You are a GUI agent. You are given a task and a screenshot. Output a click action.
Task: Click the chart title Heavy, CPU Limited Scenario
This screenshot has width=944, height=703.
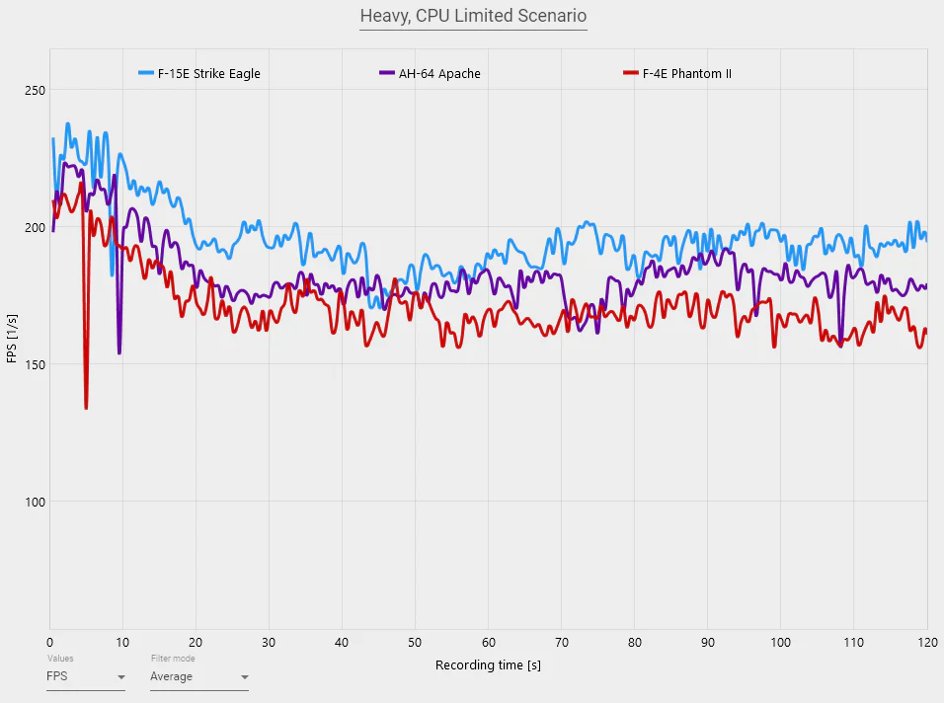(473, 16)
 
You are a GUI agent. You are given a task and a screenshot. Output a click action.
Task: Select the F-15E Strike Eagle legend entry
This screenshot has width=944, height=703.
(199, 74)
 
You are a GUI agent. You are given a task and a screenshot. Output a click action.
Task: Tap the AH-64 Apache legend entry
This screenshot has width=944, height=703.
(430, 74)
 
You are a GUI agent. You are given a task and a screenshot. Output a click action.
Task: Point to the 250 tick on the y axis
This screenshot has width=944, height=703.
(35, 91)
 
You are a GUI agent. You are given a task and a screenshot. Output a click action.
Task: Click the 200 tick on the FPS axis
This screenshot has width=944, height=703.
(35, 228)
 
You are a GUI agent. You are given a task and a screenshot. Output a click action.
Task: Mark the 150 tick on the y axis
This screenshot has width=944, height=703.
(35, 364)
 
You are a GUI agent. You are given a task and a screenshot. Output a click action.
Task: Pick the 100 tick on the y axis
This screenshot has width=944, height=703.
(35, 502)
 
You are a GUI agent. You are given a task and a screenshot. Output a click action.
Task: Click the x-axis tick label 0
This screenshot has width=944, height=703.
(50, 642)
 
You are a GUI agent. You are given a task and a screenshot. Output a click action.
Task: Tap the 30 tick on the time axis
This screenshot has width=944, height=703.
(269, 642)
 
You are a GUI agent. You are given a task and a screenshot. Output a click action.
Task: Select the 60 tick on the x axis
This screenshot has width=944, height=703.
(488, 642)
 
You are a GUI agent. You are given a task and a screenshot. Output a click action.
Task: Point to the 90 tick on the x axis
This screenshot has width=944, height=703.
(707, 642)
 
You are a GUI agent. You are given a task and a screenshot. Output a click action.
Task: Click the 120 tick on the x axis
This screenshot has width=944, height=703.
(925, 642)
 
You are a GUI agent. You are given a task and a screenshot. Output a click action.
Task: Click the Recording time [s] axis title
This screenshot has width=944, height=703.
(488, 665)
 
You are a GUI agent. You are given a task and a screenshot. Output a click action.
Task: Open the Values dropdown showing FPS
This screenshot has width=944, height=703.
(86, 677)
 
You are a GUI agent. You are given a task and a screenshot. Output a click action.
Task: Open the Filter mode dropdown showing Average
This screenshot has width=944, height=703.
(198, 677)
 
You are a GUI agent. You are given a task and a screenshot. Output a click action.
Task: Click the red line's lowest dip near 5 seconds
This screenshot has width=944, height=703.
(86, 407)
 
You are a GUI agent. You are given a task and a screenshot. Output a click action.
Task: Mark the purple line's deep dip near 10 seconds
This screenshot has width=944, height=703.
(119, 352)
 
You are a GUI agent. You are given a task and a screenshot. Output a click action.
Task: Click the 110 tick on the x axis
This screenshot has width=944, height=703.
(852, 642)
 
